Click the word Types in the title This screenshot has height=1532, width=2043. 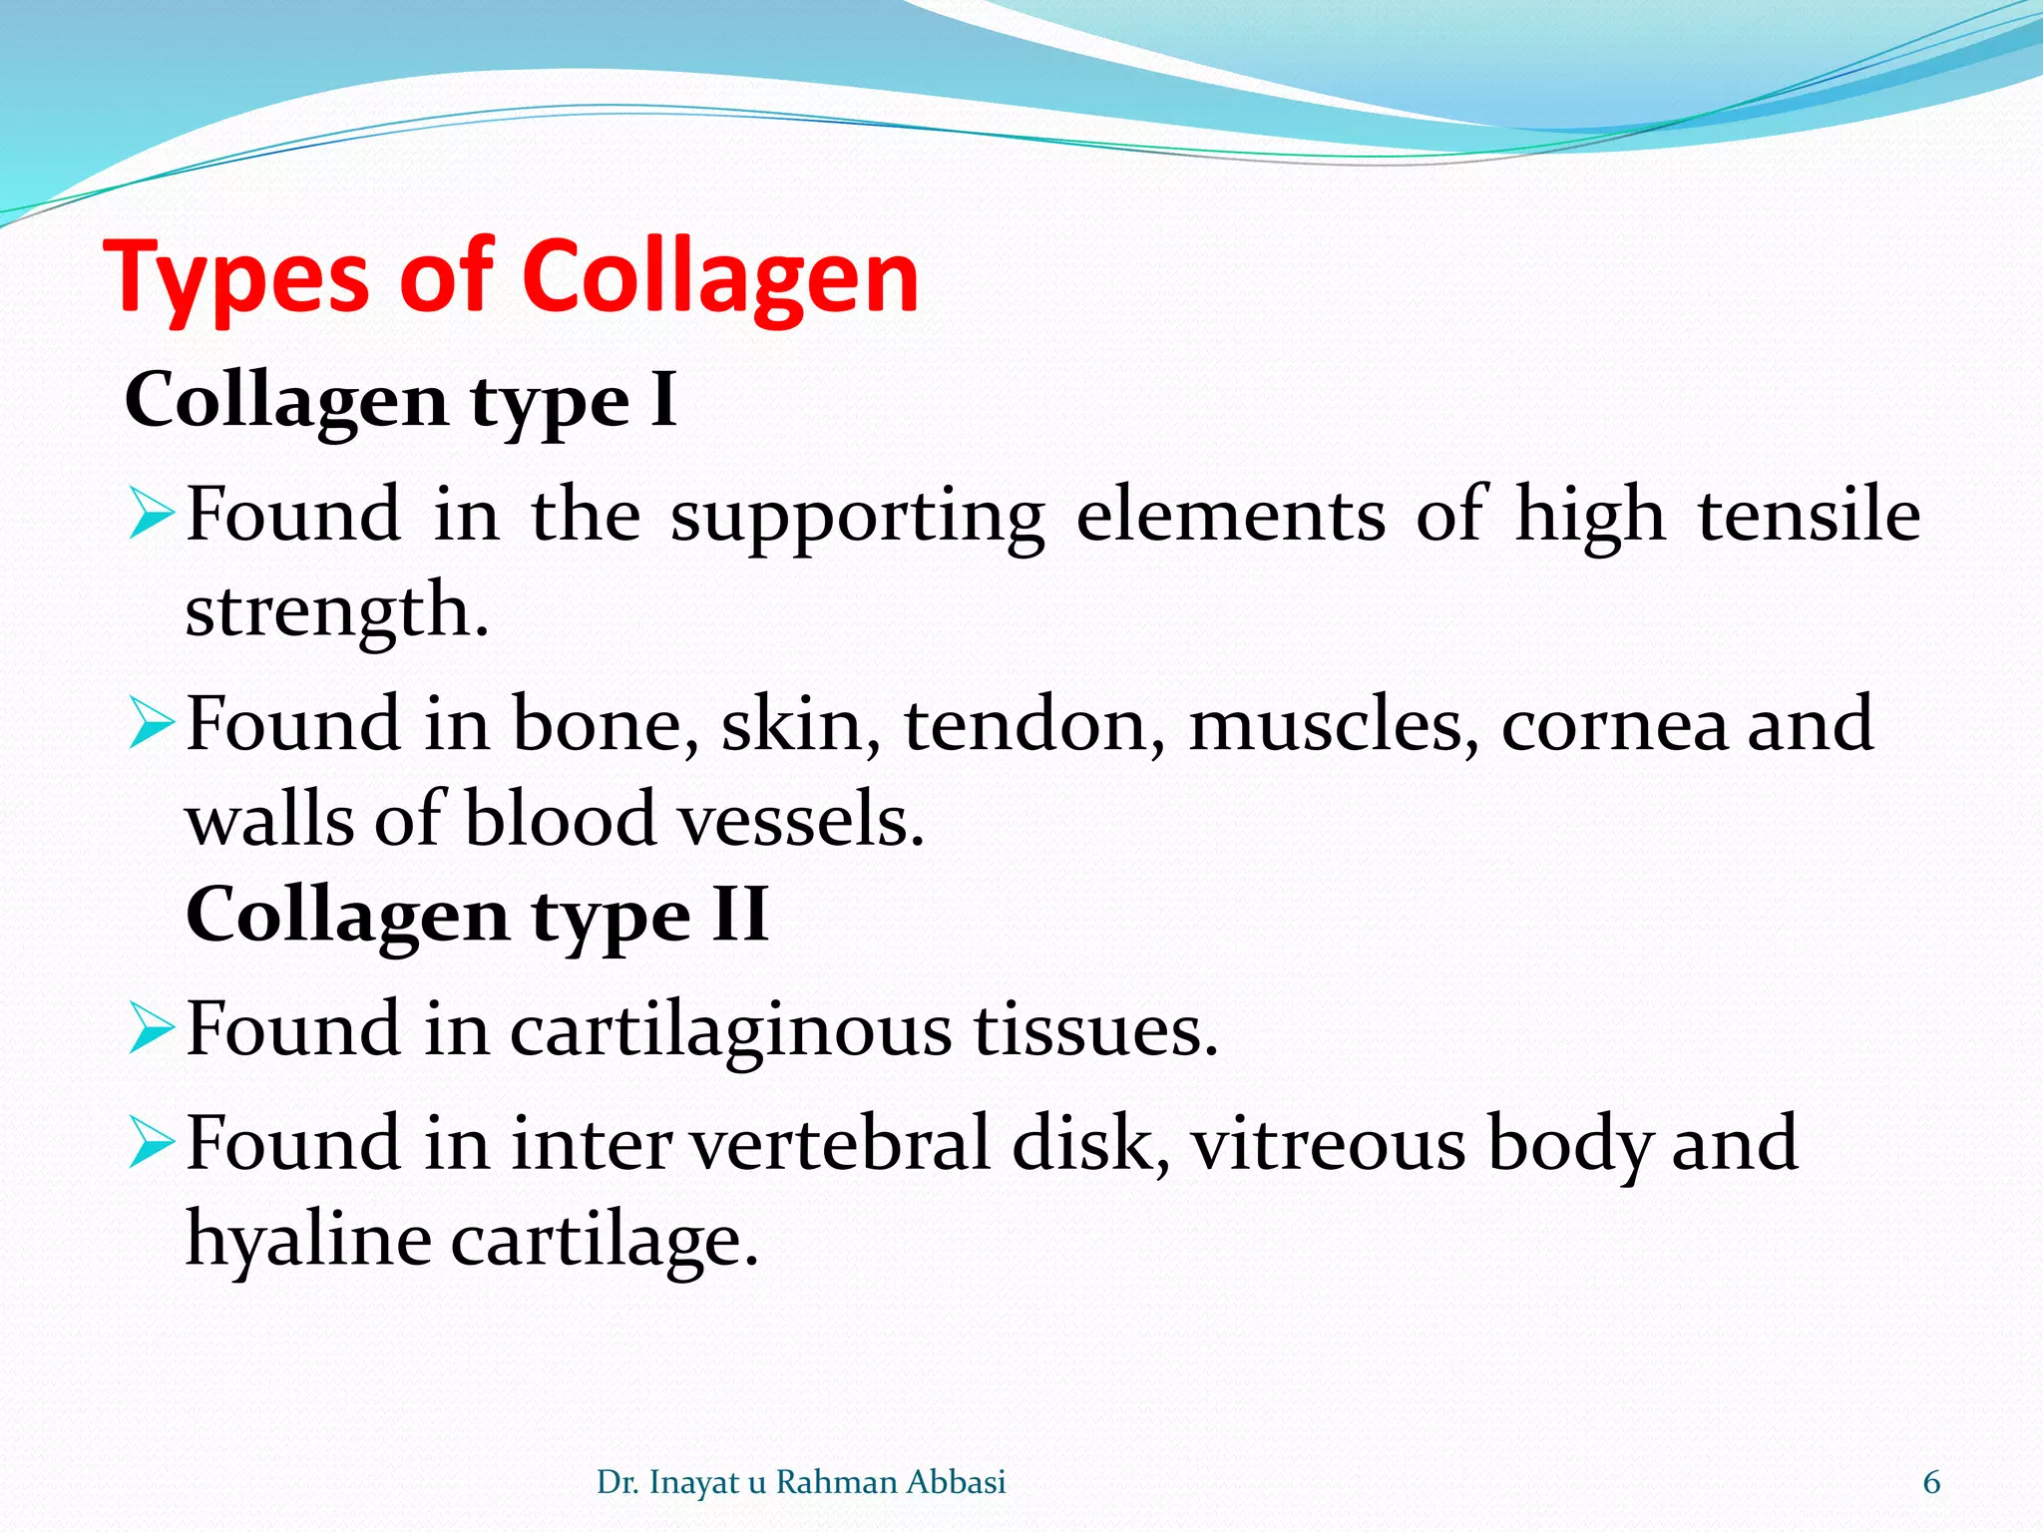[x=239, y=279]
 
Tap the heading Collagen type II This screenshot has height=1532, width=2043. [x=477, y=915]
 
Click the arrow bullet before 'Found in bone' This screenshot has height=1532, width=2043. [x=152, y=726]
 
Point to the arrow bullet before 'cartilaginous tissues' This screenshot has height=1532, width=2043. [x=152, y=1031]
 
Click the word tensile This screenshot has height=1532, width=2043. [x=1809, y=515]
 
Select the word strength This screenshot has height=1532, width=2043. [x=336, y=610]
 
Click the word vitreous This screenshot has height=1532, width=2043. [x=1328, y=1144]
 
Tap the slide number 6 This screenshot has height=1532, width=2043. [x=1931, y=1483]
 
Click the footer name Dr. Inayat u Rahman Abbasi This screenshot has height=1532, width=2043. [x=801, y=1483]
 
